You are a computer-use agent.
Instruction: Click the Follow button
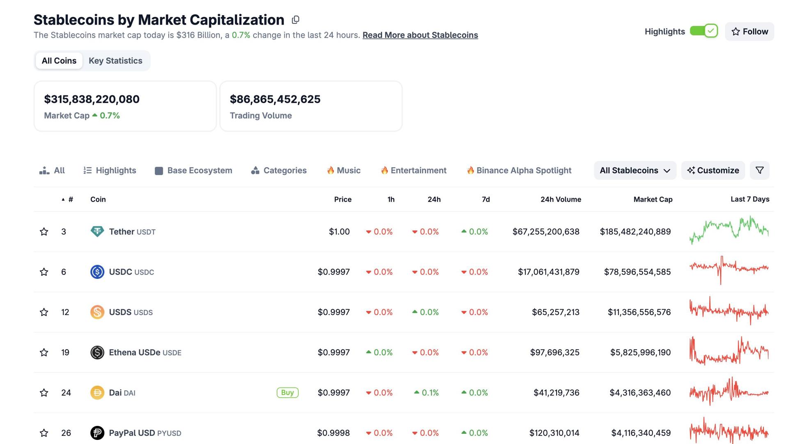tap(749, 32)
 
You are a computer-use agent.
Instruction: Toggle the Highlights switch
tap(703, 31)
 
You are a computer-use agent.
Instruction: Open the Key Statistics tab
tap(115, 61)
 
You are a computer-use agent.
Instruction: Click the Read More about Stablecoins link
tap(420, 35)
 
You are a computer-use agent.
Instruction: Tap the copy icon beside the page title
tap(295, 20)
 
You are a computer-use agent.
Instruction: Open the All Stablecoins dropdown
tap(635, 170)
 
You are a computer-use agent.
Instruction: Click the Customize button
tap(713, 170)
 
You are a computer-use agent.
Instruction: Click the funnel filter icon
tap(759, 170)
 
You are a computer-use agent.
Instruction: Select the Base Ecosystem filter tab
tap(193, 170)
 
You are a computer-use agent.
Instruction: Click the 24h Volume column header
tap(560, 200)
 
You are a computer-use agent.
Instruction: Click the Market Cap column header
tap(653, 200)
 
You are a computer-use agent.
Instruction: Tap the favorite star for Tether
tap(44, 232)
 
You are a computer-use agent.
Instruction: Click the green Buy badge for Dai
tap(287, 393)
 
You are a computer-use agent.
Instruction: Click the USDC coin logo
tap(97, 272)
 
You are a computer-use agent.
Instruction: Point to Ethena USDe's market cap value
tap(640, 352)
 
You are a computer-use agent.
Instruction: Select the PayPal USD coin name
tap(132, 433)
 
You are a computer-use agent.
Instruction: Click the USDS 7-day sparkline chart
tap(729, 311)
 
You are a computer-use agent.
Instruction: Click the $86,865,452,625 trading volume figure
tap(275, 99)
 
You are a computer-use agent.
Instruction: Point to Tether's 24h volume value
tap(545, 232)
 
